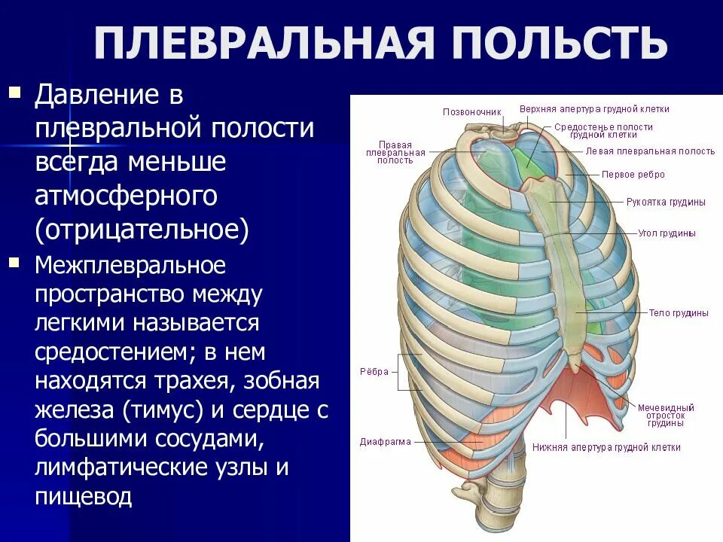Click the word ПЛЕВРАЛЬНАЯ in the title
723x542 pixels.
pos(264,44)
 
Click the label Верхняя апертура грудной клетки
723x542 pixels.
pos(594,109)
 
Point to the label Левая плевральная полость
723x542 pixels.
pos(650,151)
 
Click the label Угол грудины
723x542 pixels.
pos(667,233)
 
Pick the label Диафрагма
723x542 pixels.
pos(385,441)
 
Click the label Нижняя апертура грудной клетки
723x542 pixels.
pos(606,447)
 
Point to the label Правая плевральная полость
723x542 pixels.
pos(395,151)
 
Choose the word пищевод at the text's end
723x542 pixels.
pos(84,496)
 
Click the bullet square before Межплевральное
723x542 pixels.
pos(14,263)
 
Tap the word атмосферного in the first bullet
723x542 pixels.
pos(126,196)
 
